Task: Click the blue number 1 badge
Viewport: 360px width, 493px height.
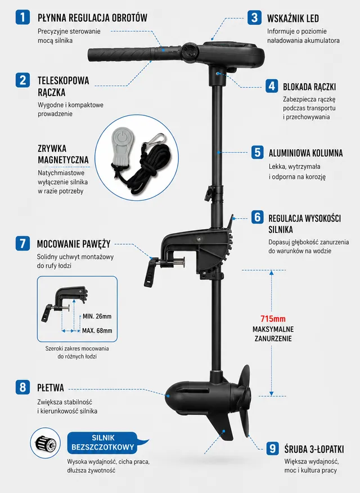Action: [x=22, y=17]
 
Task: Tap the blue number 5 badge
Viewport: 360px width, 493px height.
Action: [x=257, y=152]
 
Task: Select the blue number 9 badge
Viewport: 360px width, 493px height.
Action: [x=273, y=448]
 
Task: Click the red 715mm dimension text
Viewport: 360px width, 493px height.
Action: [x=273, y=319]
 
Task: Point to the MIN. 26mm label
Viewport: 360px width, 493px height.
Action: [x=97, y=316]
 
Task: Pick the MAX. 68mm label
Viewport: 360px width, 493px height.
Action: [x=97, y=330]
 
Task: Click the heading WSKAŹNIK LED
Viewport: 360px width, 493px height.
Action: [x=292, y=18]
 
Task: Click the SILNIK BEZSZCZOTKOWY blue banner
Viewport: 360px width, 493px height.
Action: [x=103, y=442]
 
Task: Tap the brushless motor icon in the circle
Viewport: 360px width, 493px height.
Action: [x=45, y=443]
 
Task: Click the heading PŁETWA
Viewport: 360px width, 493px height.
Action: [x=50, y=387]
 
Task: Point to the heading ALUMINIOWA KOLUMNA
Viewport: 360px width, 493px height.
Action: [x=305, y=153]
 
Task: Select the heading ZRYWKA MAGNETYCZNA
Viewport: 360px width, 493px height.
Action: [x=63, y=154]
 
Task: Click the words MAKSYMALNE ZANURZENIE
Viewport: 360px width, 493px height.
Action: [x=273, y=334]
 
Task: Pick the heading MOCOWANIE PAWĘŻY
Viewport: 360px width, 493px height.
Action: [x=74, y=244]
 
